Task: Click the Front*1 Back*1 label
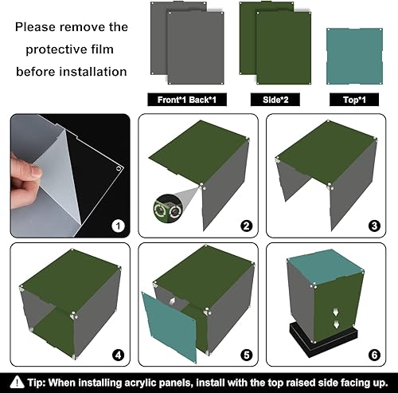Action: tap(187, 100)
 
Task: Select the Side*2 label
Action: tap(275, 100)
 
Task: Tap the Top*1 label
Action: tap(354, 100)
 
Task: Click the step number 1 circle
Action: tap(118, 226)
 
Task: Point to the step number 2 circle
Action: tap(246, 226)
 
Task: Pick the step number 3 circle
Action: tap(374, 226)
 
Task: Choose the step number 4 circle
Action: tap(118, 355)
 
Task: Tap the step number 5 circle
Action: tap(246, 355)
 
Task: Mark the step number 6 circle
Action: tap(374, 355)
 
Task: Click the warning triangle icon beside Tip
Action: tap(18, 382)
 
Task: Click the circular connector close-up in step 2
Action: tap(167, 210)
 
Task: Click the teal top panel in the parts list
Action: tap(354, 57)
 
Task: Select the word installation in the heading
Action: tap(93, 72)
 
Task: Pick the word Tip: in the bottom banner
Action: tap(37, 383)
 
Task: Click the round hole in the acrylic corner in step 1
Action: tap(119, 168)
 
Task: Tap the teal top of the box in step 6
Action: tap(326, 266)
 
